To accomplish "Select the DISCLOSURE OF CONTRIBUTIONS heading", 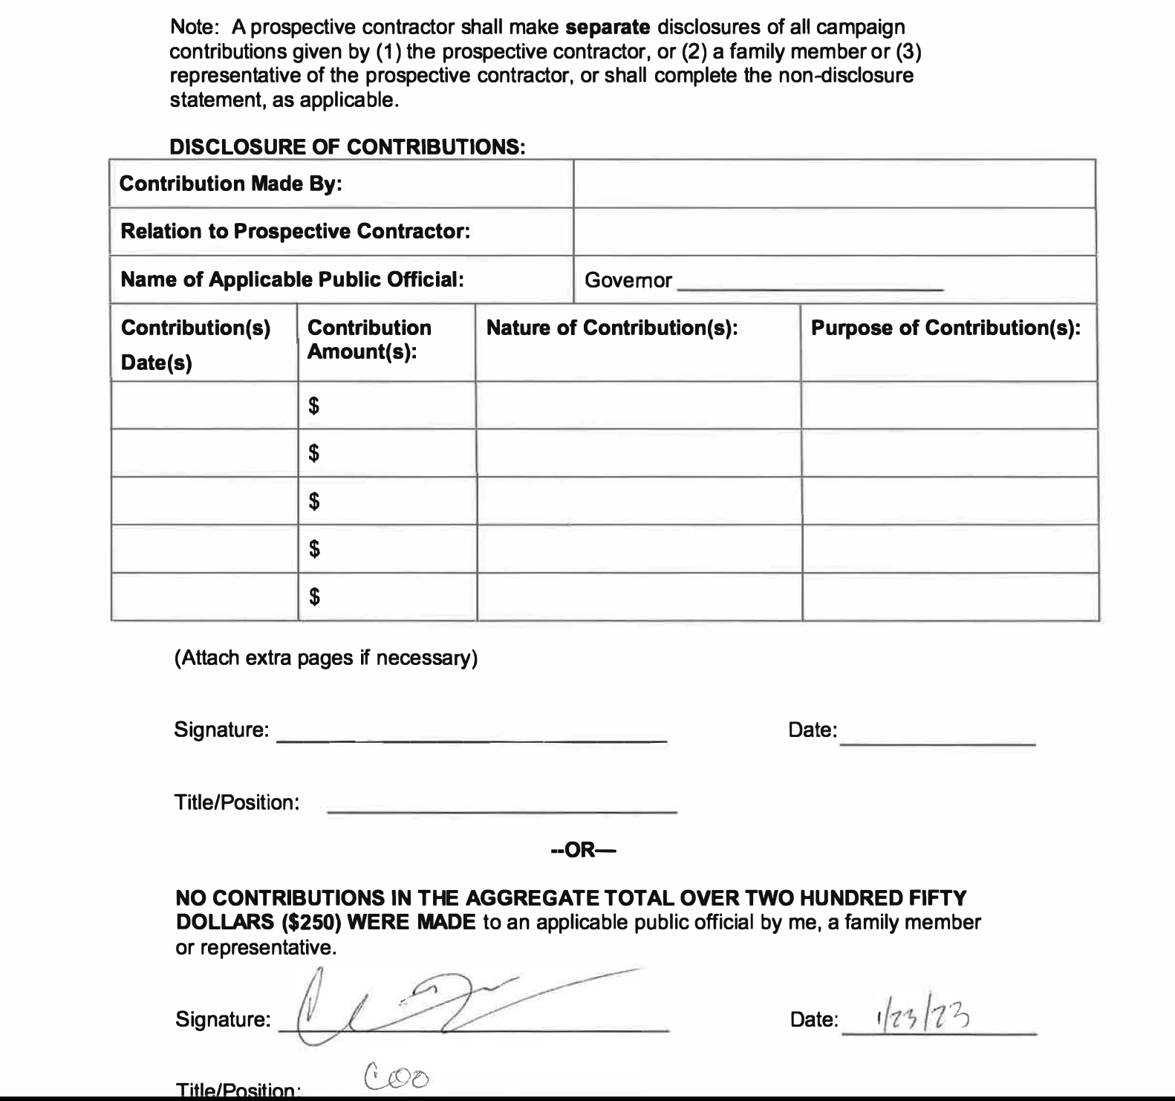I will click(x=348, y=146).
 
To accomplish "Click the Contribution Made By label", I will click(x=230, y=183).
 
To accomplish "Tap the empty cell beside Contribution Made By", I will click(x=834, y=183).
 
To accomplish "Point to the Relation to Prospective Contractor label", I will click(x=295, y=231).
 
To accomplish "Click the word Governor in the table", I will click(x=628, y=280).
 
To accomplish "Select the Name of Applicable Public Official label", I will click(x=292, y=279).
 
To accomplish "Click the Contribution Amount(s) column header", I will click(x=369, y=340).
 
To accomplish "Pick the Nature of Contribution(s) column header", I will click(x=611, y=328).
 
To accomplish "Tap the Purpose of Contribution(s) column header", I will click(x=945, y=328).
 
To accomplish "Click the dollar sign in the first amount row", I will click(x=314, y=406).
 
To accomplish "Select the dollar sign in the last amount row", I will click(x=314, y=596).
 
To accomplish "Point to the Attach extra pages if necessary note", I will click(x=325, y=658).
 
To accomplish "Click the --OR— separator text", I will click(x=583, y=850).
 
